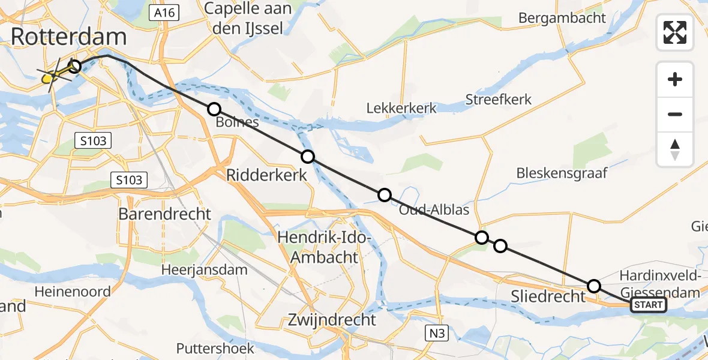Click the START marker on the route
[648, 305]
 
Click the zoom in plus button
[675, 80]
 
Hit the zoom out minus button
[675, 114]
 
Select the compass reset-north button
[675, 149]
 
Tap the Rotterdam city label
[68, 37]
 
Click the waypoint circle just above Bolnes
[214, 109]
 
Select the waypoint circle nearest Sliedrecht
[593, 286]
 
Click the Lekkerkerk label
[402, 108]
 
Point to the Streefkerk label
[499, 99]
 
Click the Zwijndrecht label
[332, 319]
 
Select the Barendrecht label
[165, 214]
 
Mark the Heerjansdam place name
[204, 270]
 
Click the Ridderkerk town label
[266, 175]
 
